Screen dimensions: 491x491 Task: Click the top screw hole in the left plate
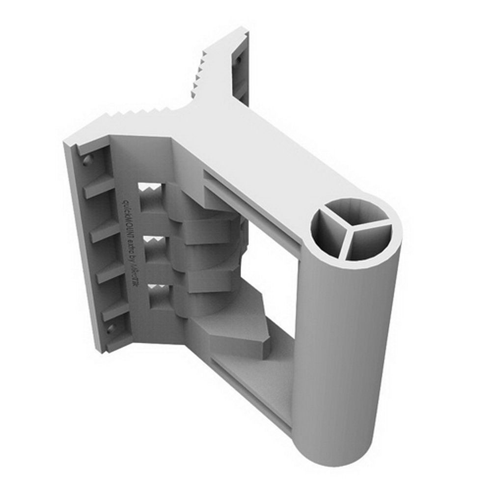point(87,160)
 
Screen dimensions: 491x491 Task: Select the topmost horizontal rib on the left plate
point(98,189)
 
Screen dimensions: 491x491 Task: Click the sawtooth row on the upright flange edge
point(201,74)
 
